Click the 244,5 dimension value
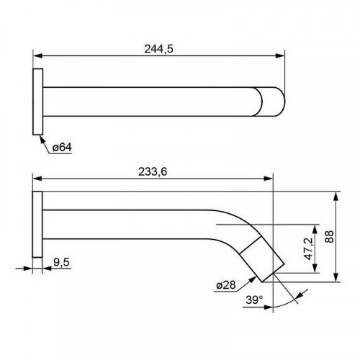(x=158, y=49)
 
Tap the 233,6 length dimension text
(x=153, y=172)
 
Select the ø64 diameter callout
(x=62, y=147)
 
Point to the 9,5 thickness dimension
(x=61, y=262)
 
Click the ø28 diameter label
(x=226, y=285)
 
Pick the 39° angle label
(x=254, y=300)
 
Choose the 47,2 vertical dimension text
(x=309, y=248)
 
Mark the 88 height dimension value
(x=330, y=237)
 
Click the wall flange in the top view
(x=37, y=102)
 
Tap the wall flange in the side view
(x=37, y=225)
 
